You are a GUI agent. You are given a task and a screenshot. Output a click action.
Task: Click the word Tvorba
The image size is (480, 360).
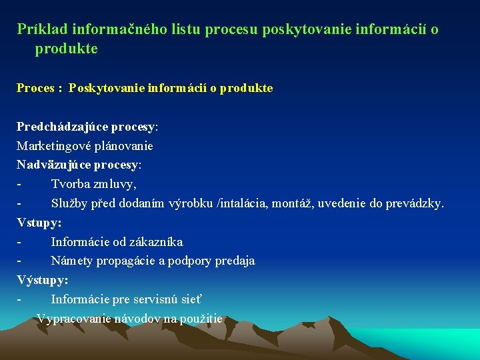click(x=70, y=183)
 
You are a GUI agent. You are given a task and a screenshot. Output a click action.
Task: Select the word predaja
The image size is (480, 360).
click(x=235, y=261)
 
